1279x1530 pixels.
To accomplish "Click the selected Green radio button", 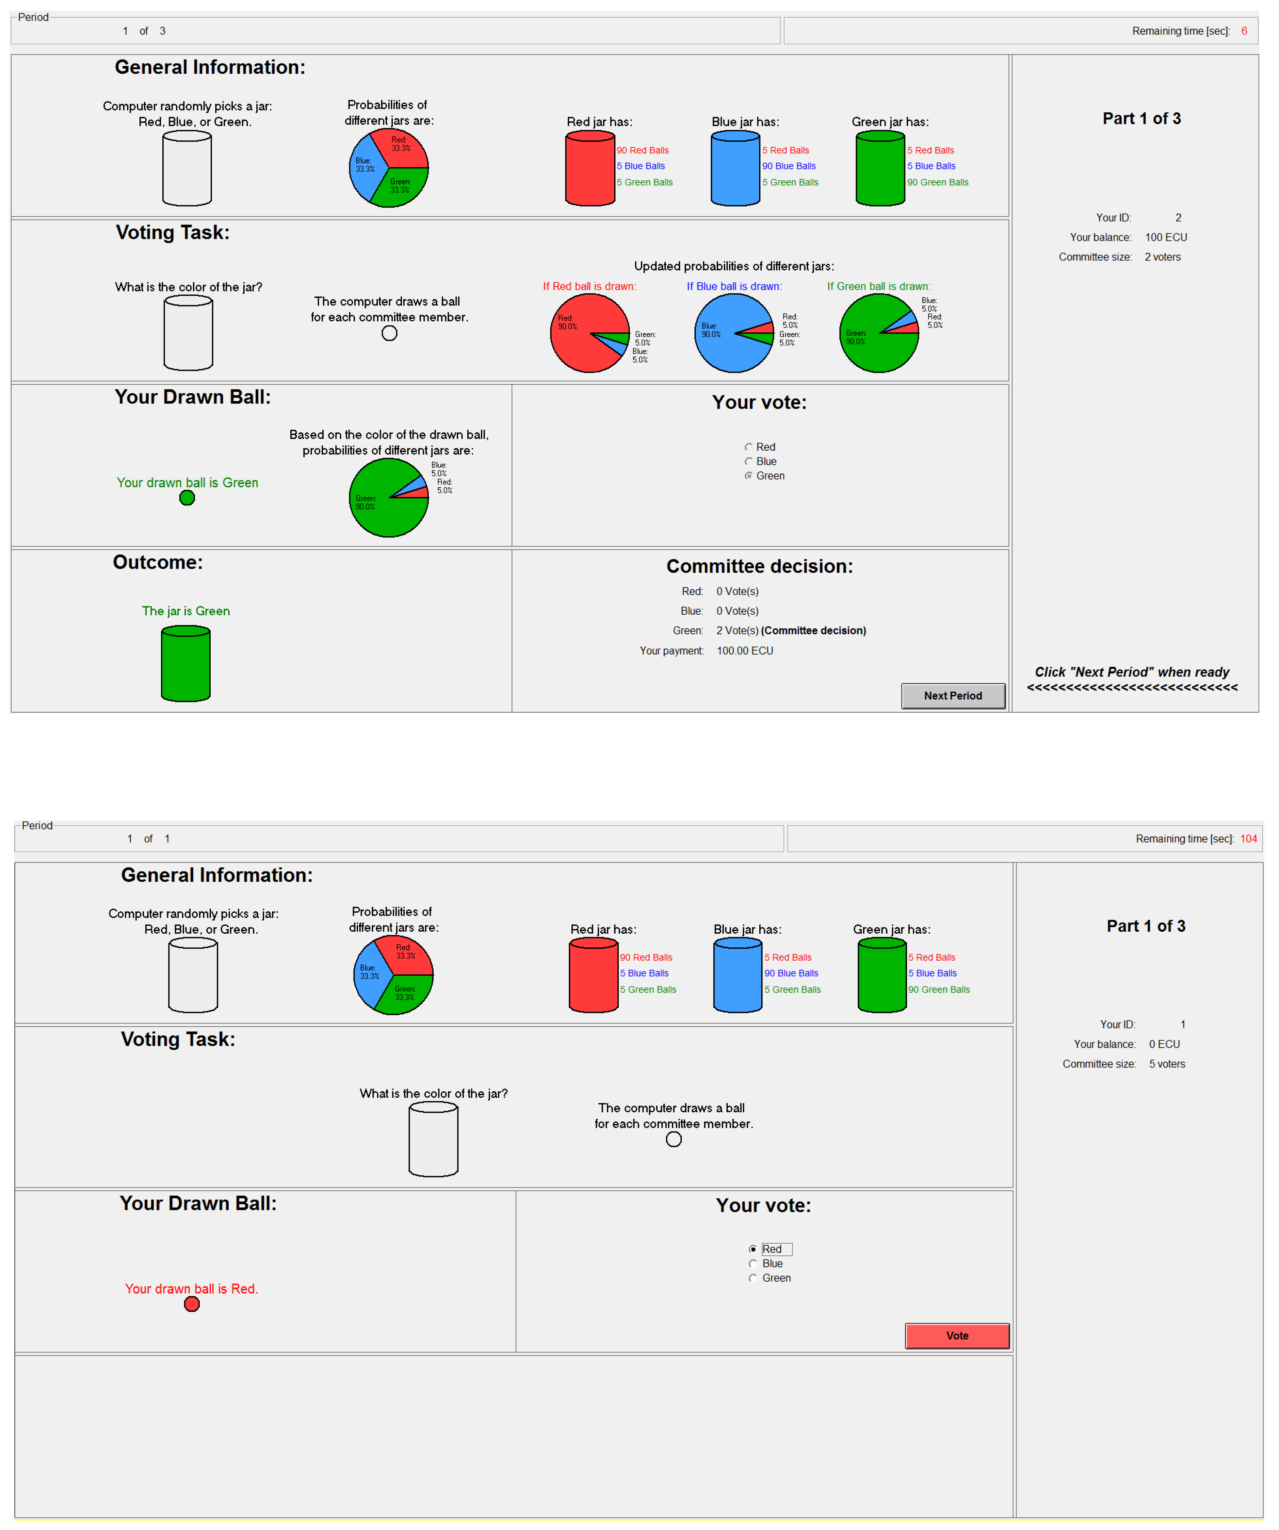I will point(748,476).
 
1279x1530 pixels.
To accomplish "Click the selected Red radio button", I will point(753,1249).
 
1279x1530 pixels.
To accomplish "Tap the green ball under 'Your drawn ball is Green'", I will point(187,498).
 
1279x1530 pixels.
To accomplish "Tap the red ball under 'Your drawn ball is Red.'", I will point(192,1304).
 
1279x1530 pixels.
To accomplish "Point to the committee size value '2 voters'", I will point(1162,257).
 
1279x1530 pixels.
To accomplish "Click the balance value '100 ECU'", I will point(1166,237).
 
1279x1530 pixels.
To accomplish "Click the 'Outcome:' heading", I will point(158,563).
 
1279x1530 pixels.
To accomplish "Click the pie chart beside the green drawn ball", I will point(388,498).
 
